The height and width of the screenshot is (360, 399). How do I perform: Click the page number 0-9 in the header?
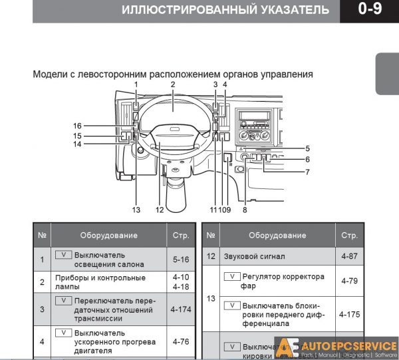[369, 10]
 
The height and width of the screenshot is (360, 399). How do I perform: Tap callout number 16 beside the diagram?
[78, 126]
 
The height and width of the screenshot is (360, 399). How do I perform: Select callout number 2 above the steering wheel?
[172, 85]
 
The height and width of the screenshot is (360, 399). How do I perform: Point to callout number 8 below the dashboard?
[245, 210]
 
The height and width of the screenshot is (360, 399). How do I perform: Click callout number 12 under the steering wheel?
[160, 210]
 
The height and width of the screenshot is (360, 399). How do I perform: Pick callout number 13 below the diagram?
[136, 210]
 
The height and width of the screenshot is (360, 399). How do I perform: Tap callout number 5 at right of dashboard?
[308, 148]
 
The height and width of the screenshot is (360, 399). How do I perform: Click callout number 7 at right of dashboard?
[308, 172]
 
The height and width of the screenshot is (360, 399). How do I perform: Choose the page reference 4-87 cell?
[349, 256]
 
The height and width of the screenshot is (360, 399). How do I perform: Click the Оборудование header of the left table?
[108, 236]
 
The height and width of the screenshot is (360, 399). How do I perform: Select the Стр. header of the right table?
[349, 236]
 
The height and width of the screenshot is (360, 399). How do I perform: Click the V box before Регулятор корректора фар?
[232, 275]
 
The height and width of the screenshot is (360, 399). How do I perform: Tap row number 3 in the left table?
[42, 309]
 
